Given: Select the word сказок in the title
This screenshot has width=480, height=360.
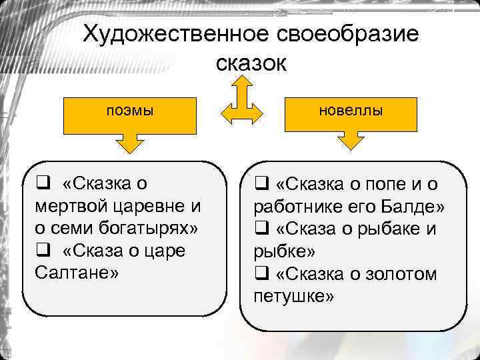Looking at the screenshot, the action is pyautogui.click(x=251, y=63).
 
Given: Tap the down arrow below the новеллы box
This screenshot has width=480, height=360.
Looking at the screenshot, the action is pyautogui.click(x=351, y=142).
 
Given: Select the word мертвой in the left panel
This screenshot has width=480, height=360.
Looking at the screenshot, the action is pyautogui.click(x=69, y=205).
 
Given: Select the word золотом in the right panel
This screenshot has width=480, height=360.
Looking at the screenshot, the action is pyautogui.click(x=402, y=273).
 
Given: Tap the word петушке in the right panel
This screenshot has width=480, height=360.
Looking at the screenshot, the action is pyautogui.click(x=293, y=295).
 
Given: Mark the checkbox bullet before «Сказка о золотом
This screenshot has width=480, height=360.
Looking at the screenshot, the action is pyautogui.click(x=261, y=273).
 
